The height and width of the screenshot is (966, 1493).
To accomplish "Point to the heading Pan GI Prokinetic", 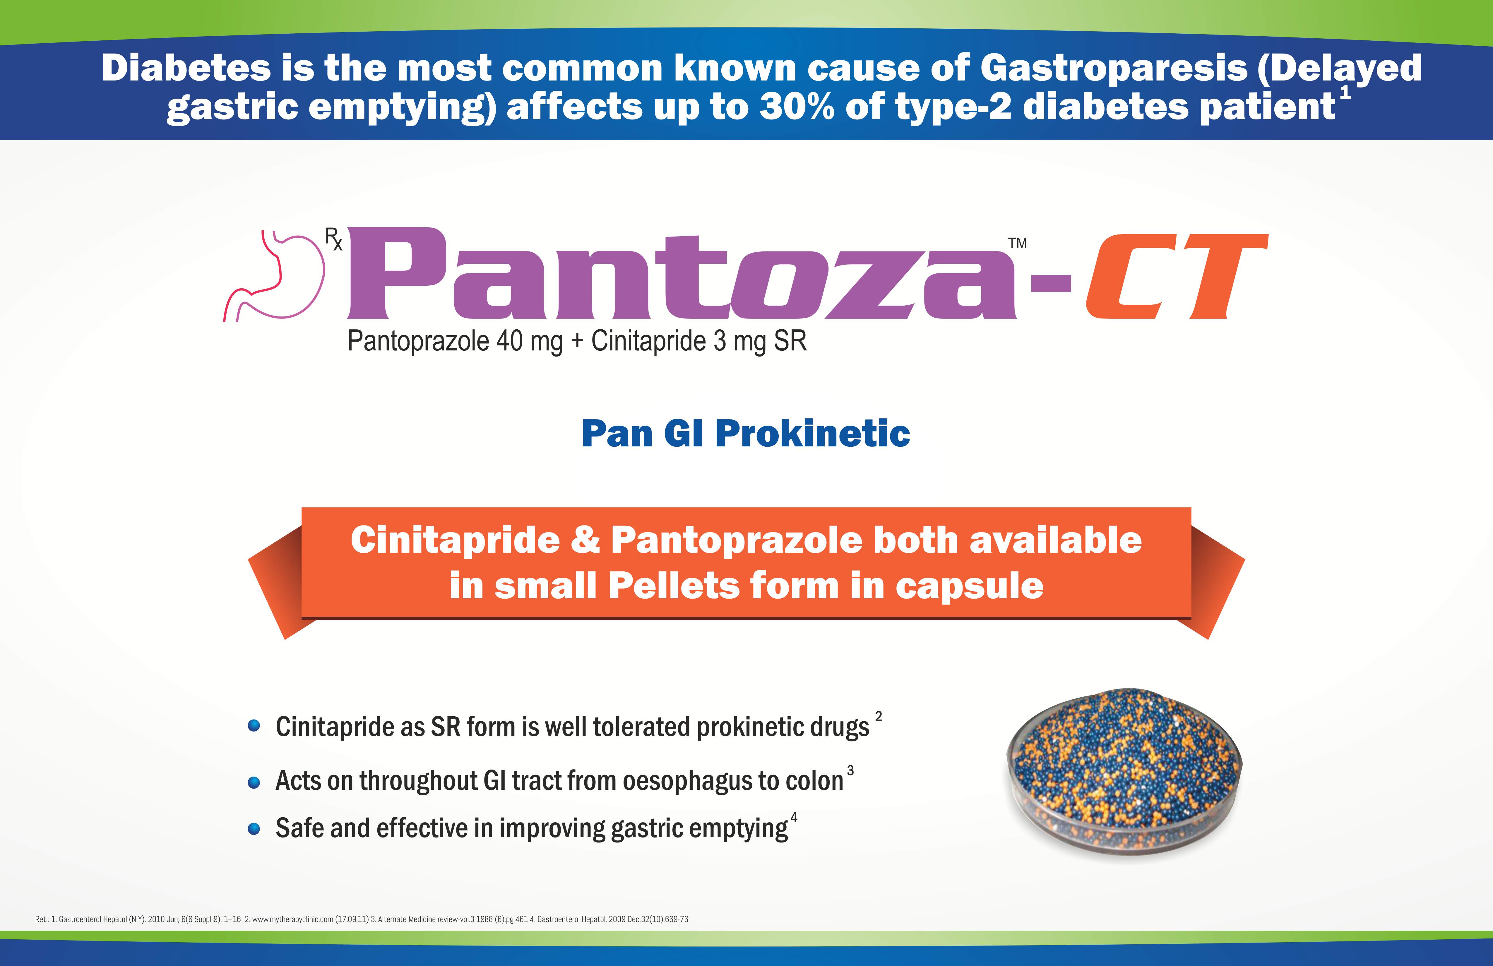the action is tap(746, 434).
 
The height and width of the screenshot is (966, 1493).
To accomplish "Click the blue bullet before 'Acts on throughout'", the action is tap(254, 782).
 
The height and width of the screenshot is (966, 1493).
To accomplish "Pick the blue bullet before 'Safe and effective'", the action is tap(254, 829).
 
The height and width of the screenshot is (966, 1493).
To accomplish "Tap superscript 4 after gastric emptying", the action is tap(794, 817).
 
